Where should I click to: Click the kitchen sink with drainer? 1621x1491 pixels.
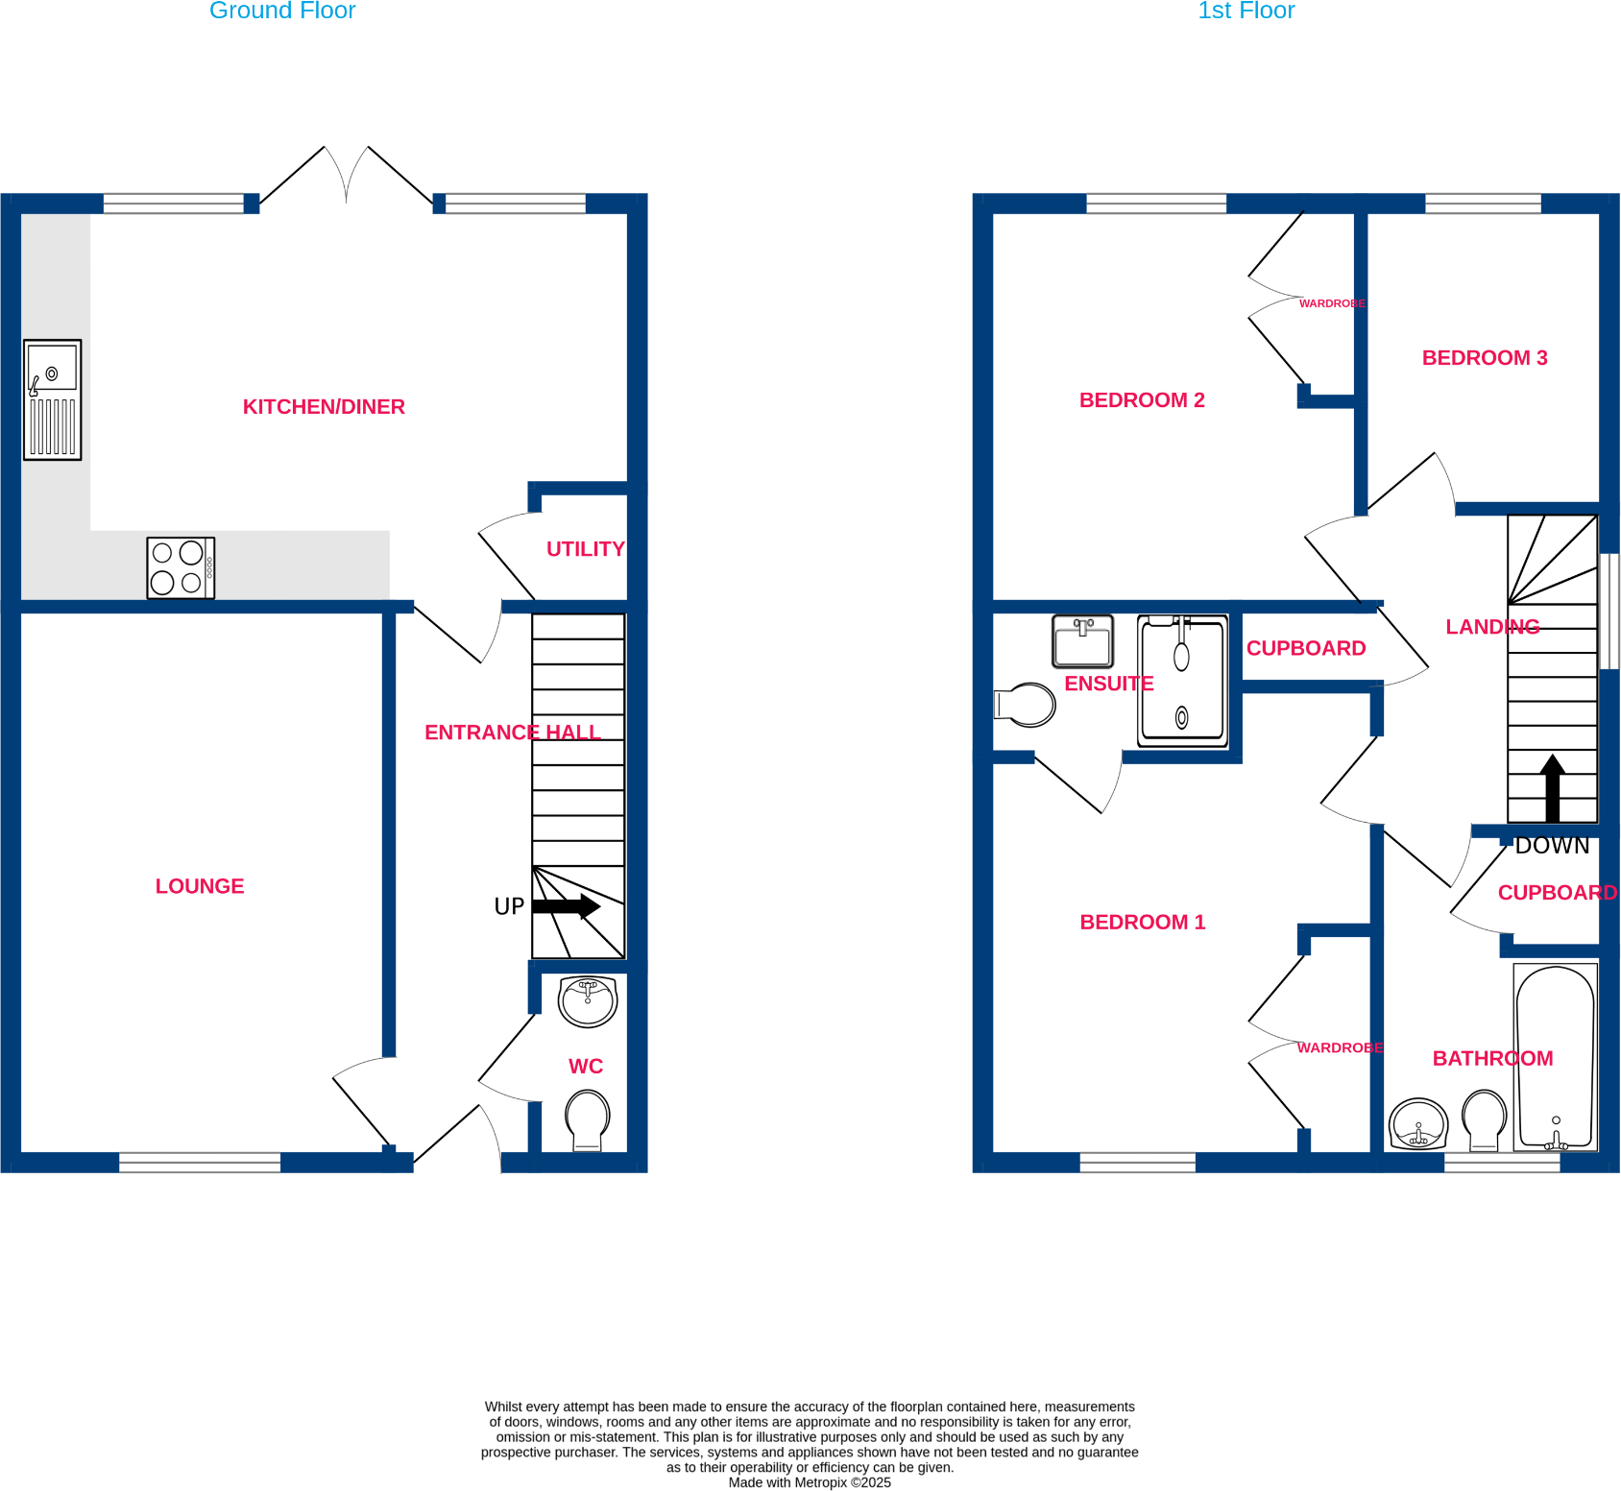coord(53,399)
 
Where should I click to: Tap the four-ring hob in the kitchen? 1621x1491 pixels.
coord(181,567)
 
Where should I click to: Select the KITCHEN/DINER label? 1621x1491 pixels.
coord(324,407)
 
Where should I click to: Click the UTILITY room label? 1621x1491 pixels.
coord(586,549)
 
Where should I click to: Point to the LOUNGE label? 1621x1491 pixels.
coord(200,886)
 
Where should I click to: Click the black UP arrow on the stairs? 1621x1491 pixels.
coord(567,906)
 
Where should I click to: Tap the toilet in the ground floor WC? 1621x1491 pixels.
coord(588,1120)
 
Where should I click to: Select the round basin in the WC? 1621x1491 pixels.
coord(588,1002)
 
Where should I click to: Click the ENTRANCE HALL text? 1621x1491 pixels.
coord(513,733)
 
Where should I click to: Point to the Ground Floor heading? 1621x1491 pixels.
coord(282,11)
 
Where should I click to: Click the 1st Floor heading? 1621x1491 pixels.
coord(1246,11)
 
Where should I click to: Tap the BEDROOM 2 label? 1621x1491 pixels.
coord(1142,400)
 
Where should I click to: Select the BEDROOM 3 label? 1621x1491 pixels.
coord(1485,358)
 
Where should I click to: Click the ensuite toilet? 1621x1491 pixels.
coord(1025,705)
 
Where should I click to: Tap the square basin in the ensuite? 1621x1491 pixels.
coord(1083,641)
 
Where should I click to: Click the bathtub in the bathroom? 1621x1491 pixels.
coord(1556,1057)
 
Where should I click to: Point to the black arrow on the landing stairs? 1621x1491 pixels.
coord(1553,788)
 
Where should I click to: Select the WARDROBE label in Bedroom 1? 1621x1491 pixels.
coord(1340,1047)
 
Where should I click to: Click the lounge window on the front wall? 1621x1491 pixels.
coord(200,1163)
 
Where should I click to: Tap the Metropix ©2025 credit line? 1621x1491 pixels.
coord(810,1482)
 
